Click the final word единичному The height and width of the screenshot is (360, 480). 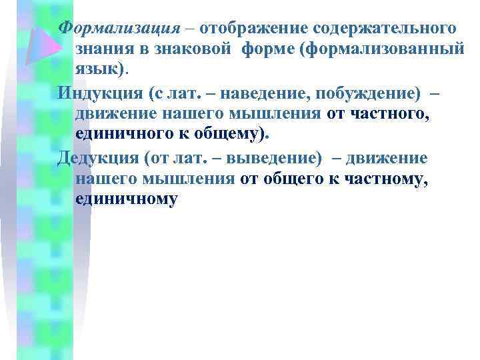[x=127, y=199]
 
